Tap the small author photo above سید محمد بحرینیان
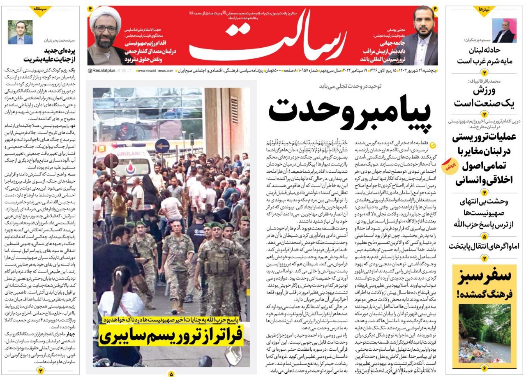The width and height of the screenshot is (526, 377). pyautogui.click(x=20, y=32)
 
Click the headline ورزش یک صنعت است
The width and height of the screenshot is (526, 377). pyautogui.click(x=484, y=97)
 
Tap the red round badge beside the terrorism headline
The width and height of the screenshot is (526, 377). pyautogui.click(x=448, y=167)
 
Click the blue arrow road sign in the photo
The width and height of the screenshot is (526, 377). pyautogui.click(x=162, y=146)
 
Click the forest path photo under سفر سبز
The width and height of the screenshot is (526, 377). pyautogui.click(x=484, y=333)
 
